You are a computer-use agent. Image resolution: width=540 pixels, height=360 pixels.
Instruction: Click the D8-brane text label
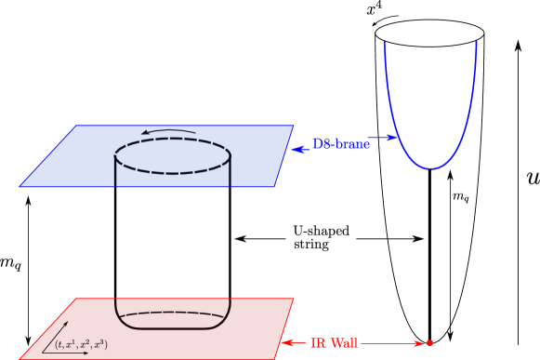pyautogui.click(x=340, y=144)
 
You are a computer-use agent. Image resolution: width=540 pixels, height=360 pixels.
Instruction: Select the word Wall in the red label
pyautogui.click(x=343, y=343)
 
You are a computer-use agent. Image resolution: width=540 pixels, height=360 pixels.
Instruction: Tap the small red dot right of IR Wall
pyautogui.click(x=429, y=343)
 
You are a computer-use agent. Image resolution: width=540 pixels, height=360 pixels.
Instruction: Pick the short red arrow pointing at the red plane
pyautogui.click(x=293, y=343)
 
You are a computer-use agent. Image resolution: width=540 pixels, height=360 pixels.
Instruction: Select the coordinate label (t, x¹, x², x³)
pyautogui.click(x=81, y=344)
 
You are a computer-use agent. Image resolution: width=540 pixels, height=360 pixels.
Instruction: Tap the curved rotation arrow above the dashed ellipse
pyautogui.click(x=169, y=132)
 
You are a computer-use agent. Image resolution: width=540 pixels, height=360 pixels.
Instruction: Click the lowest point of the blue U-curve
pyautogui.click(x=430, y=168)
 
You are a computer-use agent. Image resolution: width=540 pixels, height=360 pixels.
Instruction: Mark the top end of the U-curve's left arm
pyautogui.click(x=386, y=42)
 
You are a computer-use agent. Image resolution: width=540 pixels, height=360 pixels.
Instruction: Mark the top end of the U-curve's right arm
pyautogui.click(x=476, y=42)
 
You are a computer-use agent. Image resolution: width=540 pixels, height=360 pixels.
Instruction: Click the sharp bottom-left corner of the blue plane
pyautogui.click(x=20, y=186)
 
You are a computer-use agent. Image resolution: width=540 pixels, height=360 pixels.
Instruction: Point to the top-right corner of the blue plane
pyautogui.click(x=293, y=126)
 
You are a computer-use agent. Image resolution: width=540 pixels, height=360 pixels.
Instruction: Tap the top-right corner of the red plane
pyautogui.click(x=294, y=299)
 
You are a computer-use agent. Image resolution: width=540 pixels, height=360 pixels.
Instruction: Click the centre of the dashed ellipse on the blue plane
pyautogui.click(x=172, y=155)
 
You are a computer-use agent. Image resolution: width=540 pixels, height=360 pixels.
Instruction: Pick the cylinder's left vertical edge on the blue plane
pyautogui.click(x=115, y=171)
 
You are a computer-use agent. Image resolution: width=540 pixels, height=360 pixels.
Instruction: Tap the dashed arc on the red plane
pyautogui.click(x=172, y=314)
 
